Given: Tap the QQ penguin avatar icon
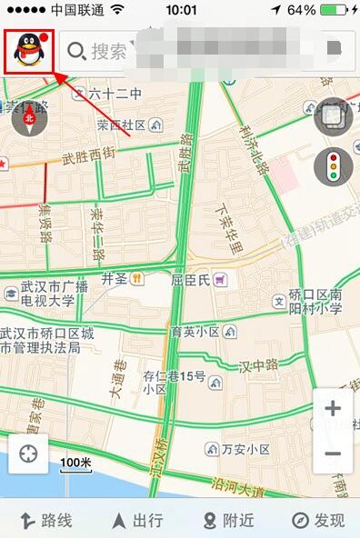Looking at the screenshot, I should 29,51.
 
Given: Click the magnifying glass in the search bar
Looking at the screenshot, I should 76,51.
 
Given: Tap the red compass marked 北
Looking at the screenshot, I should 28,117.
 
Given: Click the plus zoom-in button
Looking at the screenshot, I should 333,409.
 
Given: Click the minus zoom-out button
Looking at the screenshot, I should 333,453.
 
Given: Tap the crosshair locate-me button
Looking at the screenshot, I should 29,453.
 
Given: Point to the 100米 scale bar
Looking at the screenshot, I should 75,465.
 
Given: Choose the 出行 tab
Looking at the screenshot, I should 136,520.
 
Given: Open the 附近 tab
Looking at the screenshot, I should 228,520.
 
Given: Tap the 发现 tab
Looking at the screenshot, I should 318,520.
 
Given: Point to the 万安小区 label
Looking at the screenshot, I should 239,449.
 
